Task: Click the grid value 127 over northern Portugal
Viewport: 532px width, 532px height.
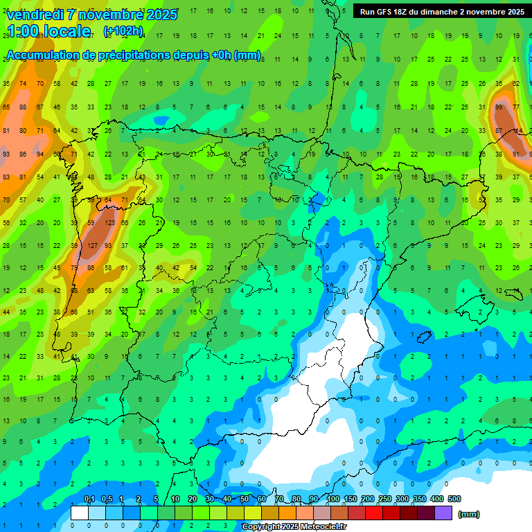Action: click(x=92, y=245)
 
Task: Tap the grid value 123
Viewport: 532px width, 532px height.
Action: click(x=109, y=223)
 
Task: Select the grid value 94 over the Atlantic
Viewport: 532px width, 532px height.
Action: click(x=40, y=154)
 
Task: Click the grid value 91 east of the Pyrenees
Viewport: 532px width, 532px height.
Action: click(x=516, y=154)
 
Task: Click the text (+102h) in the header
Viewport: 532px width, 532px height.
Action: click(x=123, y=31)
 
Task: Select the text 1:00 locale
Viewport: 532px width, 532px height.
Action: click(x=48, y=31)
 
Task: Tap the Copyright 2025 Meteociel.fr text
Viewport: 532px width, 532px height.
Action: click(x=294, y=527)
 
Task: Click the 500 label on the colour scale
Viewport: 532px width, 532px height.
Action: click(x=454, y=499)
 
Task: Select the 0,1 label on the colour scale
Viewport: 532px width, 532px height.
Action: click(x=89, y=499)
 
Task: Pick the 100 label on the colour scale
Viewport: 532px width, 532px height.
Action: click(x=333, y=499)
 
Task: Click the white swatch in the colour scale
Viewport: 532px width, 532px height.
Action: click(x=80, y=513)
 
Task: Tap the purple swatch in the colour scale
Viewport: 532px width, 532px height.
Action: click(x=443, y=513)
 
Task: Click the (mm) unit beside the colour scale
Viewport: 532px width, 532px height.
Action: click(x=469, y=514)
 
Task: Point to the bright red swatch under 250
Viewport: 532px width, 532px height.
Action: click(x=374, y=513)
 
